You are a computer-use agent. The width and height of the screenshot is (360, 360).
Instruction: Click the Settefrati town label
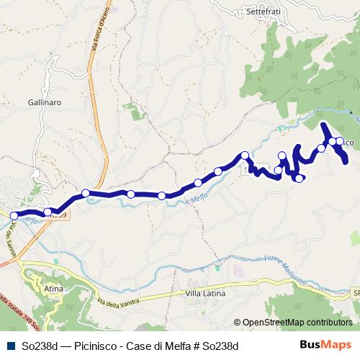pos(263,12)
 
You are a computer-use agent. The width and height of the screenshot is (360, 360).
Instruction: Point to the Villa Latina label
pos(205,294)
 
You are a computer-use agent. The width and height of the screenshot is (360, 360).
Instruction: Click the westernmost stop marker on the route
pos(14,215)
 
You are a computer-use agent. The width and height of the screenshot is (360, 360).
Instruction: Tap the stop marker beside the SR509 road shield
pos(48,212)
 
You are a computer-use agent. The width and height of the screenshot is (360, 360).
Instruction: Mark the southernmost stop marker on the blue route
pos(299,178)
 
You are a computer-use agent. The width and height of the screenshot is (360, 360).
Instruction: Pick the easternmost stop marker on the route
pos(339,142)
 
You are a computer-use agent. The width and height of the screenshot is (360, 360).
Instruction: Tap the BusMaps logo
pos(325,345)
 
